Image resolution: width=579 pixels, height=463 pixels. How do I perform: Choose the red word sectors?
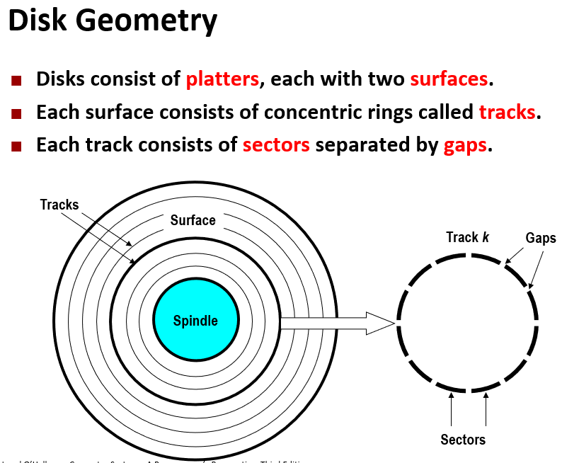coord(276,145)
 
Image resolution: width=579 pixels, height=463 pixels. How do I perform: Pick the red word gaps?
coord(465,146)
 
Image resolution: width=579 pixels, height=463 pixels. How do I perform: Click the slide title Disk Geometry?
coord(113,21)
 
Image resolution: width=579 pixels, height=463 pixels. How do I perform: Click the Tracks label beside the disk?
coord(59,205)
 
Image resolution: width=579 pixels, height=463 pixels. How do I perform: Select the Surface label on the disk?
coord(193,220)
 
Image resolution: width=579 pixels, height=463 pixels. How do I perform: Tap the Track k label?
coord(467,237)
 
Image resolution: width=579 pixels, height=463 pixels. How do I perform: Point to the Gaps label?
coord(541,238)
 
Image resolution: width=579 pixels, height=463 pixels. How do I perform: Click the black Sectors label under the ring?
coord(463,440)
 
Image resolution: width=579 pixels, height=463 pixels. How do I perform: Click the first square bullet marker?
coord(17,79)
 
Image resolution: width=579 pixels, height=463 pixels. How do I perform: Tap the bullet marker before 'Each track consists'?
coord(17,147)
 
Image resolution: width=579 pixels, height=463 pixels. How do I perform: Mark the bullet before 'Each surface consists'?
coord(17,113)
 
